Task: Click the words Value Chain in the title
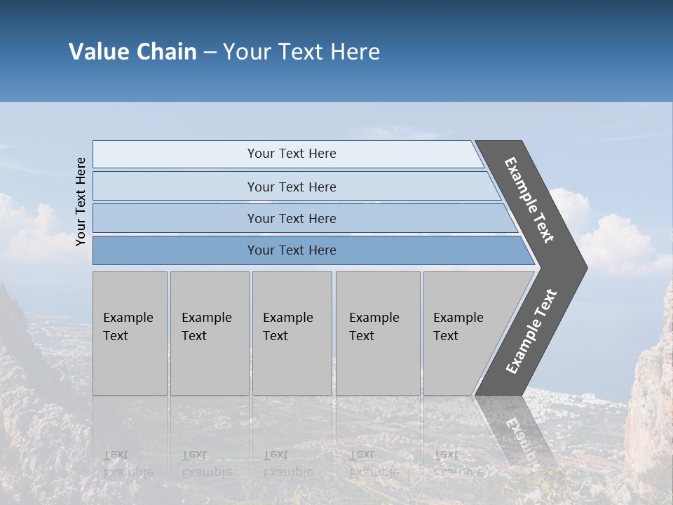pyautogui.click(x=132, y=52)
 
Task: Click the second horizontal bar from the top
pyautogui.click(x=292, y=187)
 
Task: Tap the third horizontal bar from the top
pyautogui.click(x=292, y=218)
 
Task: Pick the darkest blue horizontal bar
pyautogui.click(x=292, y=250)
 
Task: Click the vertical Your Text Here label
pyautogui.click(x=81, y=201)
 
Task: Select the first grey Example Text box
pyautogui.click(x=130, y=333)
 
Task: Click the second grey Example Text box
pyautogui.click(x=209, y=333)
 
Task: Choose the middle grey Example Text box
pyautogui.click(x=292, y=333)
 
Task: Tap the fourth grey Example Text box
pyautogui.click(x=378, y=333)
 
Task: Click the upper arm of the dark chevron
pyautogui.click(x=529, y=199)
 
